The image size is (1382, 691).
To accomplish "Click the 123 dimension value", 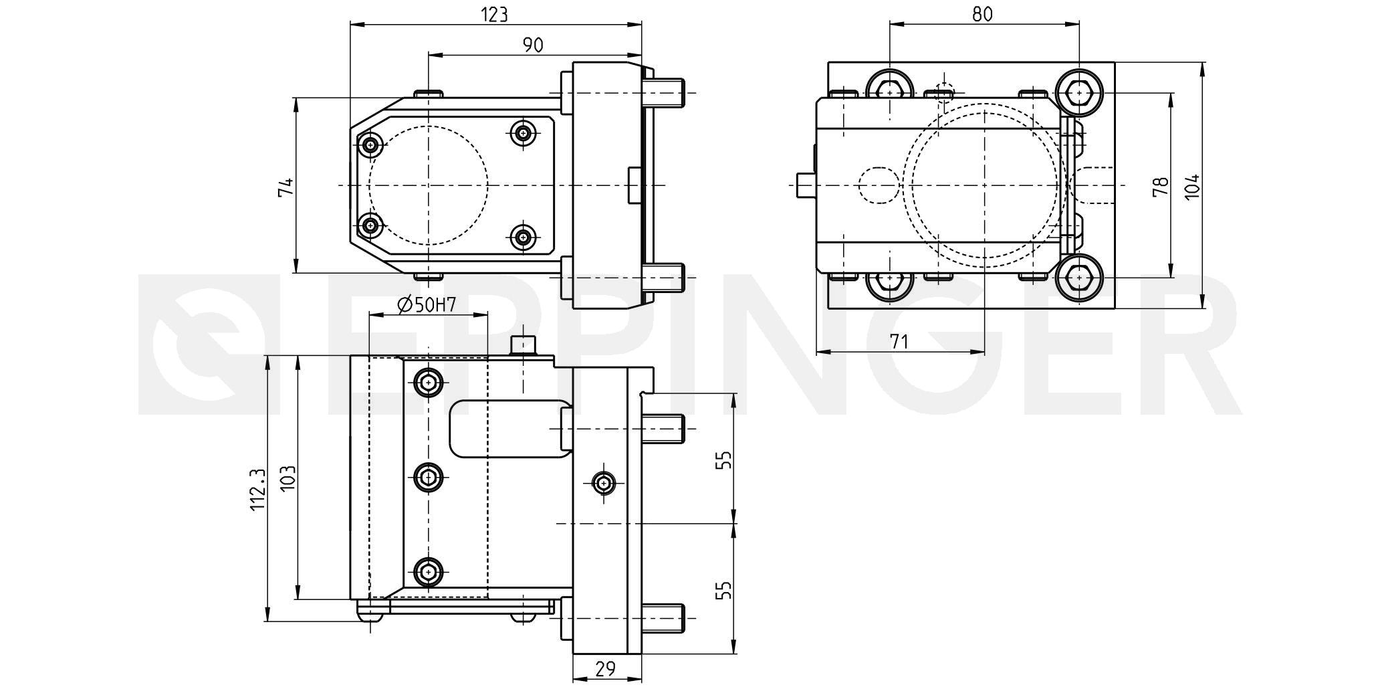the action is [495, 14].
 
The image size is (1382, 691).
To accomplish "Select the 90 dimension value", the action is [533, 45].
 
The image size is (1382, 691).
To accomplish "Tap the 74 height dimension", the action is [285, 187].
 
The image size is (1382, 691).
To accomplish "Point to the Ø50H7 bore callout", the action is [427, 305].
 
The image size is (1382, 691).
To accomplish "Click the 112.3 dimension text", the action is [258, 490].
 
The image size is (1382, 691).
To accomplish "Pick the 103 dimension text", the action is [287, 479].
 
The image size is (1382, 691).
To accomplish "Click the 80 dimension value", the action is [982, 14].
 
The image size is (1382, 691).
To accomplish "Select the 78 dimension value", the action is [1161, 185].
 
